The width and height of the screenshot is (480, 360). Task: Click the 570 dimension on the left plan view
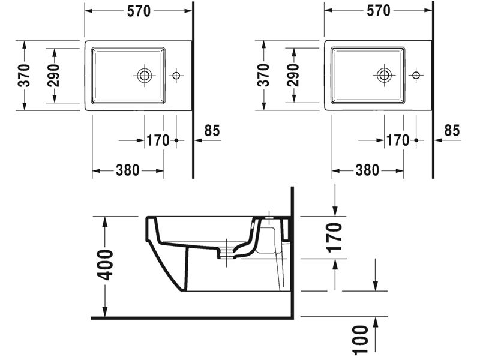tap(139, 11)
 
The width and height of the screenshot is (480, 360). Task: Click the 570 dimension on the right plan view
tap(379, 11)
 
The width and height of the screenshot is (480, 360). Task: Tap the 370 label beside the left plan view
tap(24, 76)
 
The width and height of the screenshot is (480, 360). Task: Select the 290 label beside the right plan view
tap(293, 75)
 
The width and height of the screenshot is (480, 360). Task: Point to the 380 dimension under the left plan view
tap(128, 170)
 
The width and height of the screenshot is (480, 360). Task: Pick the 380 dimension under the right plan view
tap(367, 170)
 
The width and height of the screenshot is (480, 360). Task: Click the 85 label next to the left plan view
tap(212, 131)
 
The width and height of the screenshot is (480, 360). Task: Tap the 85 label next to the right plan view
tap(452, 130)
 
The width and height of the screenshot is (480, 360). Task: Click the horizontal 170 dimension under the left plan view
tap(158, 140)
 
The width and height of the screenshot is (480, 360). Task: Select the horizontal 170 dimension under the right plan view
tap(397, 140)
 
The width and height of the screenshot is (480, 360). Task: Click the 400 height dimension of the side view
tap(104, 265)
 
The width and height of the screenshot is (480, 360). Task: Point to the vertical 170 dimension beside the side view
tap(334, 238)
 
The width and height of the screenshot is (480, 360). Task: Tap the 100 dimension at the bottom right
tap(361, 340)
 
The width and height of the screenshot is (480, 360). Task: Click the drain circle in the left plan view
tap(145, 76)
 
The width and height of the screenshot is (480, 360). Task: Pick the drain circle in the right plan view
tap(384, 75)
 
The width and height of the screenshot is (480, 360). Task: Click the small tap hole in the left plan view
tap(176, 76)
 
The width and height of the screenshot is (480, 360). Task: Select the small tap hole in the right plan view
tap(416, 75)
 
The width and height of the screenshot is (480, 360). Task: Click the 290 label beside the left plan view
tap(53, 76)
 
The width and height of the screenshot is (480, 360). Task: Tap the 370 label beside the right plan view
tap(263, 75)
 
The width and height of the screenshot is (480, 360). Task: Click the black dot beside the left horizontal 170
tap(176, 140)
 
